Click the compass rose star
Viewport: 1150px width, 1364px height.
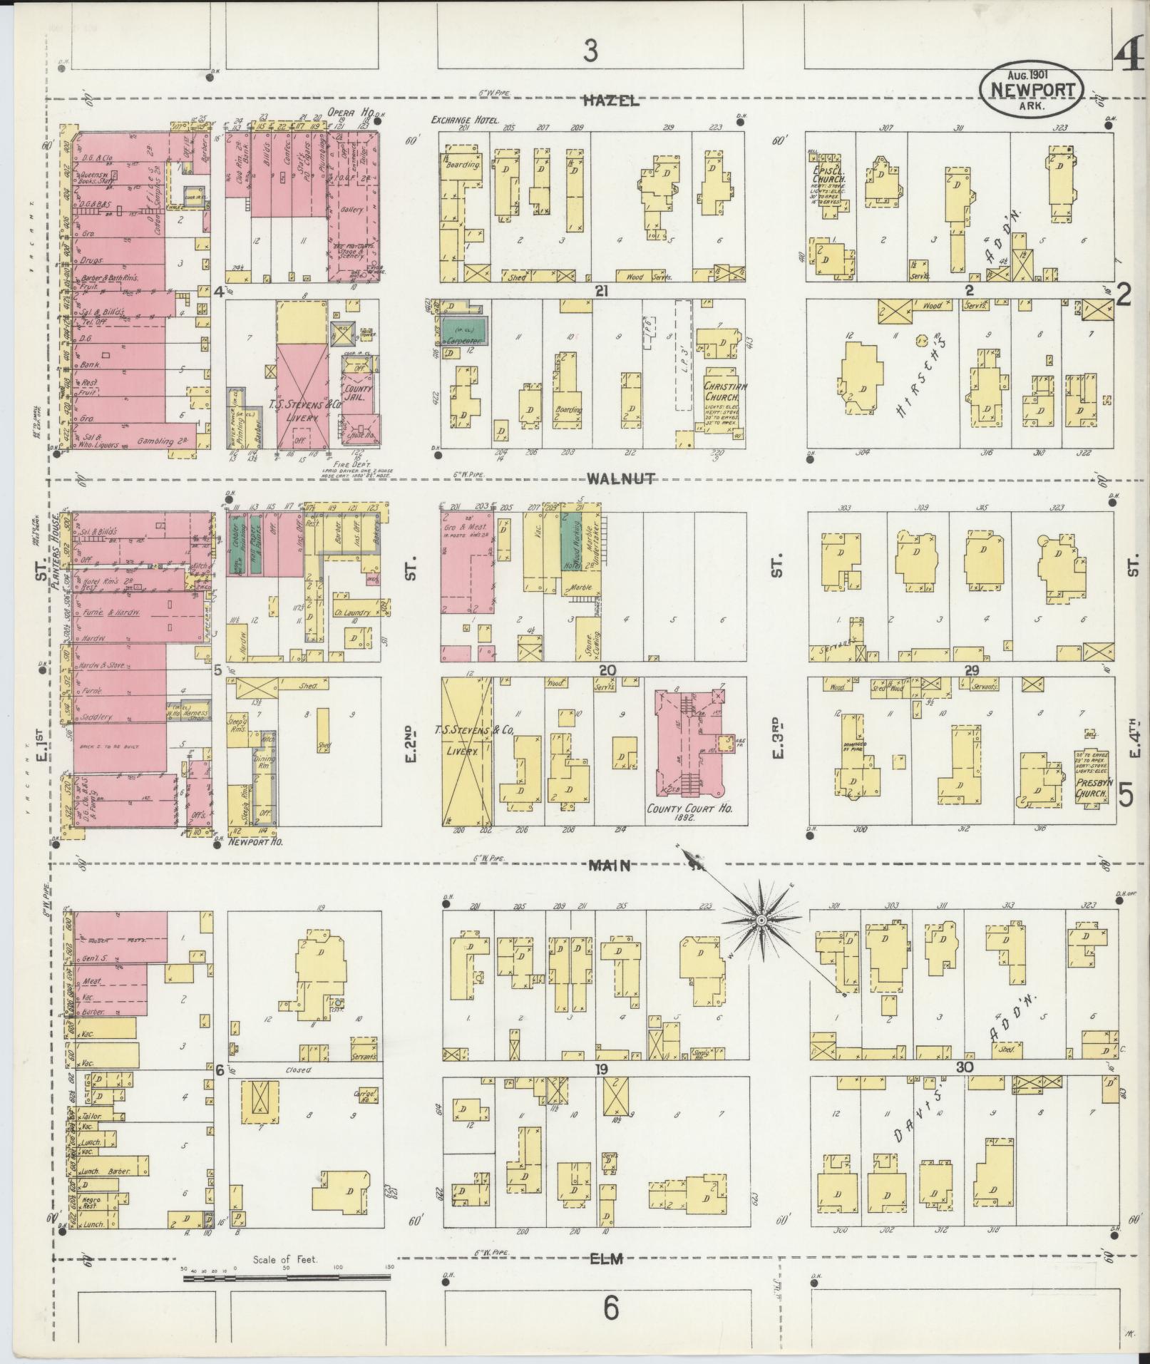[761, 921]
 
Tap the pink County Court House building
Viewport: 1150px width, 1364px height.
[684, 742]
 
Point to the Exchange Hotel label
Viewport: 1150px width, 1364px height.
[465, 120]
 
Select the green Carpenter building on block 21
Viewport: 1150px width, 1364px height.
[461, 329]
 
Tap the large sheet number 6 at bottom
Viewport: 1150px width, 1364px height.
[610, 1309]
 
